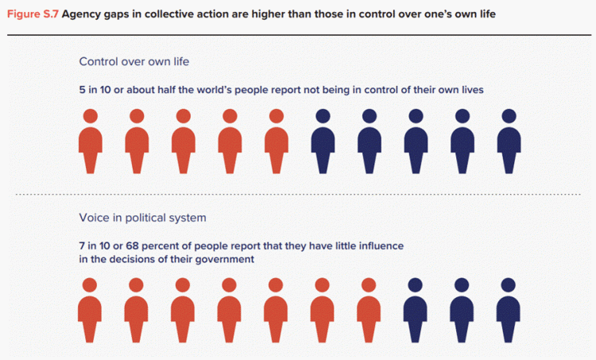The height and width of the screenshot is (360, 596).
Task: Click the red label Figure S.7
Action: (x=33, y=14)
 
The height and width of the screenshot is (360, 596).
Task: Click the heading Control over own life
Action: (x=134, y=61)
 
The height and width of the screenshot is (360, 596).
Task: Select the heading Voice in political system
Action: (x=142, y=218)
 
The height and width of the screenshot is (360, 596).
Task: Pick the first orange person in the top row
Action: (x=91, y=141)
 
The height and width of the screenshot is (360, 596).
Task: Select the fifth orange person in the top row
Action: (x=277, y=141)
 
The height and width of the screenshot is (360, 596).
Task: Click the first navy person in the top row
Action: (x=323, y=141)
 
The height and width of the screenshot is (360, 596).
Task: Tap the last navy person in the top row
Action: (x=509, y=141)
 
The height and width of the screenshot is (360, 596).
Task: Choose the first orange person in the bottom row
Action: (x=90, y=310)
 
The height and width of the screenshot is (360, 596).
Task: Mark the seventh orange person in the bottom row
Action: (x=369, y=310)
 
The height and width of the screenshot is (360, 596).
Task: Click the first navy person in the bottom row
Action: (x=415, y=310)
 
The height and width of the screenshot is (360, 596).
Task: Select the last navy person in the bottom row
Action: (x=509, y=310)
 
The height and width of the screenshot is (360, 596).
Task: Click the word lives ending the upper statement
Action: (x=473, y=90)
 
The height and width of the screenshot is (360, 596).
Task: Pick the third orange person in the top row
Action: (x=184, y=141)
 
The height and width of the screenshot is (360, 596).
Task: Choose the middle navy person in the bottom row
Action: (x=462, y=310)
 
